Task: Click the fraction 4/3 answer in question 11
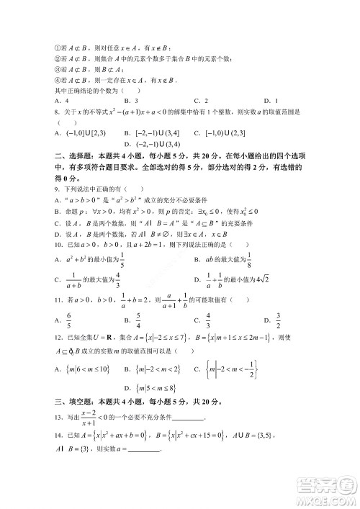pos(207,319)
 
